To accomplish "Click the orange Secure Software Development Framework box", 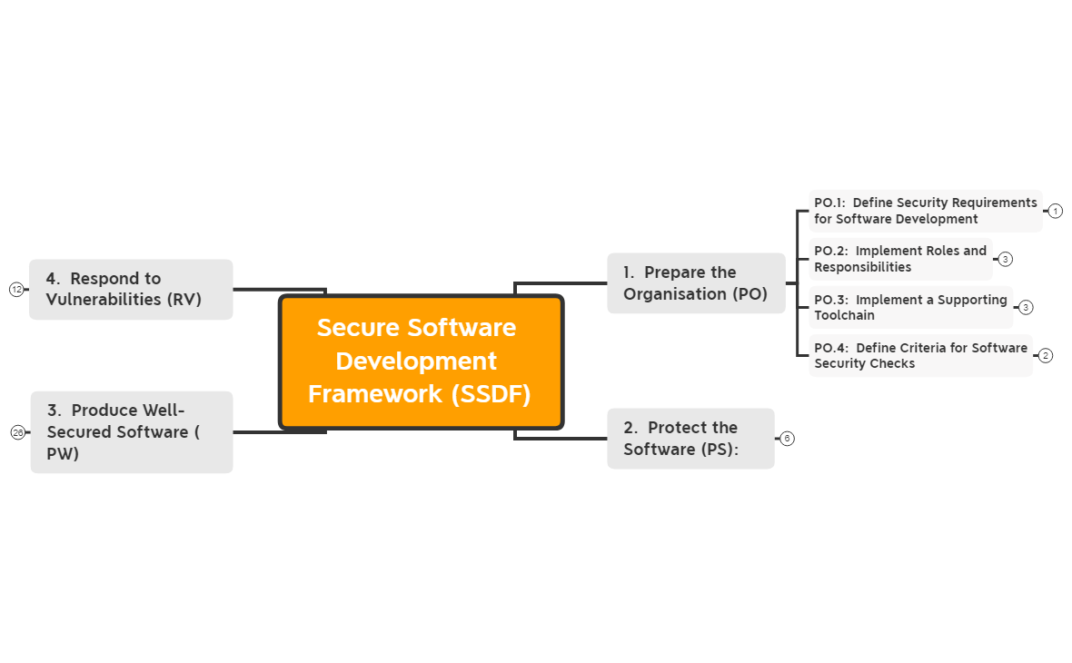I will [421, 361].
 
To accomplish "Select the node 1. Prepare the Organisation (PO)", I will [696, 283].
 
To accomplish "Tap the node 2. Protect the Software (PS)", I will [690, 439].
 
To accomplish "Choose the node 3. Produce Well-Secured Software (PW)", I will [132, 432].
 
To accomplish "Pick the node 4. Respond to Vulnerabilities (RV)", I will [131, 289].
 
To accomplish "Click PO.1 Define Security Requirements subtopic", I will [925, 211].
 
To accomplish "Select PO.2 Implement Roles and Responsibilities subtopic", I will [900, 259].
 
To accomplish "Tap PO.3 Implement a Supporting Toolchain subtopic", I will [910, 307].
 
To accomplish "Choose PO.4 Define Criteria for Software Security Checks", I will [920, 355].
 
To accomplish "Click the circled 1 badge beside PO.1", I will [1055, 211].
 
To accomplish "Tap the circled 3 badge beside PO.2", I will [1005, 259].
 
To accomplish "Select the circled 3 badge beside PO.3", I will [1026, 307].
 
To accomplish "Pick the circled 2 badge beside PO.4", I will [1046, 355].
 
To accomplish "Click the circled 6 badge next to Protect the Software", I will [787, 439].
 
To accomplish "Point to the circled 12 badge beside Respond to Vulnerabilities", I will [16, 290].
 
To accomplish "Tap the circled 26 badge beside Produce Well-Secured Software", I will [18, 432].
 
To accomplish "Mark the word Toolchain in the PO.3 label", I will [844, 315].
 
